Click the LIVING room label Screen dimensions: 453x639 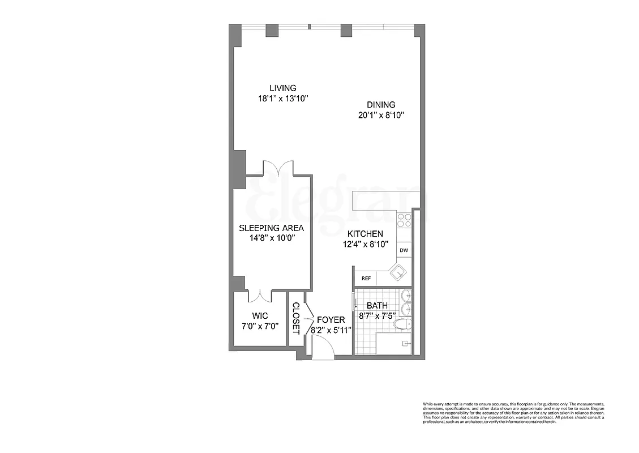pyautogui.click(x=282, y=88)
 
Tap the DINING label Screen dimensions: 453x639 pyautogui.click(x=381, y=105)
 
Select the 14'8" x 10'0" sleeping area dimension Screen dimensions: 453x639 pyautogui.click(x=271, y=238)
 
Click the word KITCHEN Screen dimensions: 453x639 pyautogui.click(x=365, y=234)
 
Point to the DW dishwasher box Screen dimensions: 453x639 pyautogui.click(x=404, y=250)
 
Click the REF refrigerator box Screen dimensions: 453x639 pyautogui.click(x=366, y=279)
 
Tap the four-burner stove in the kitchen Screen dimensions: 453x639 pyautogui.click(x=404, y=220)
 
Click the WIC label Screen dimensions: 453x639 pyautogui.click(x=259, y=315)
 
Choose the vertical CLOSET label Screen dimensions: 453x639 pyautogui.click(x=295, y=318)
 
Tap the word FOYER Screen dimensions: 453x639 pyautogui.click(x=331, y=320)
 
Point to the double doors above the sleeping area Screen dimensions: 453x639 pyautogui.click(x=277, y=168)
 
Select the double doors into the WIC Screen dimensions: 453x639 pyautogui.click(x=260, y=296)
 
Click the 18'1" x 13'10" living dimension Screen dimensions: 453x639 pyautogui.click(x=282, y=98)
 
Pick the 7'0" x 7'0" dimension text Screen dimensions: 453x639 pyautogui.click(x=259, y=326)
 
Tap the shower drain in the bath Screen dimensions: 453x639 pyautogui.click(x=405, y=343)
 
